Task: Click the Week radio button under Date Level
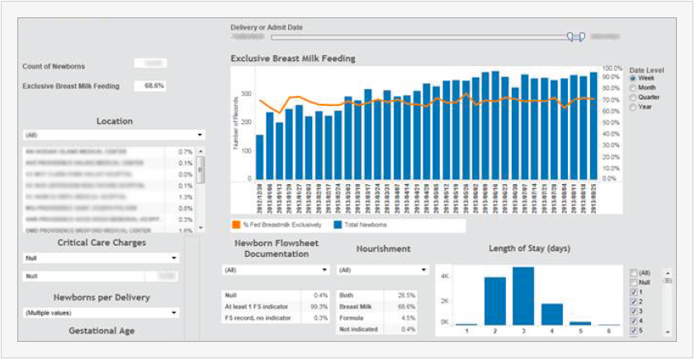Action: (633, 78)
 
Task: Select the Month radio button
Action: (633, 88)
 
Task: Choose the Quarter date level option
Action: (633, 97)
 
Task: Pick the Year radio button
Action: (633, 107)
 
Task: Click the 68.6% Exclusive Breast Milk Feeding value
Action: (154, 86)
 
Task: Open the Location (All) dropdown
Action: (114, 135)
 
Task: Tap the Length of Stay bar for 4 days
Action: (552, 314)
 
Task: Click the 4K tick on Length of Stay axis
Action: (443, 275)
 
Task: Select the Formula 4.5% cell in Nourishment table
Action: (405, 317)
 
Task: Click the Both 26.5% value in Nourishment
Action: (405, 295)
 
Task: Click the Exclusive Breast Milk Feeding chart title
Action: (293, 59)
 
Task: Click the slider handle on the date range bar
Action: (576, 37)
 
